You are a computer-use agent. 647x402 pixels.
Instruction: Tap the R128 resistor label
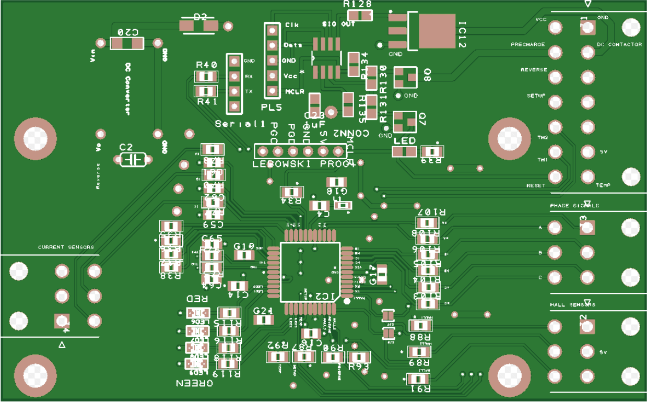pos(357,5)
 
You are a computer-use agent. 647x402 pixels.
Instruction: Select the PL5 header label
pos(272,108)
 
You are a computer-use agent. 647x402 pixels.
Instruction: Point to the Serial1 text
pos(237,124)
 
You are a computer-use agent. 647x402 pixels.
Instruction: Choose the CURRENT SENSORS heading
pos(66,247)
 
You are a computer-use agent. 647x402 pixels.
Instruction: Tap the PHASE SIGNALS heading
pos(574,206)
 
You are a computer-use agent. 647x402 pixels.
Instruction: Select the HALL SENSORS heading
pos(572,304)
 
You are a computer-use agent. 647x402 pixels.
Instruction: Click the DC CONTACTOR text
pos(619,45)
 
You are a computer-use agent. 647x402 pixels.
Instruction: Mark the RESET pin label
pos(536,185)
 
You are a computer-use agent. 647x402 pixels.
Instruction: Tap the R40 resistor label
pos(206,65)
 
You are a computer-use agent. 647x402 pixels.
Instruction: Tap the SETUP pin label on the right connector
pos(536,96)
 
